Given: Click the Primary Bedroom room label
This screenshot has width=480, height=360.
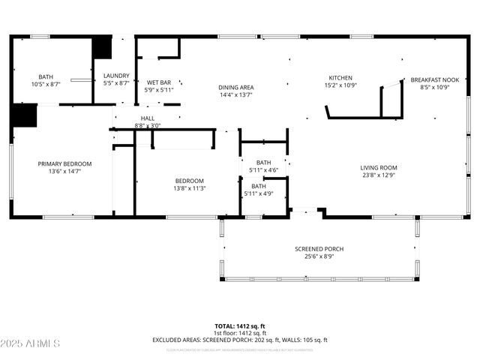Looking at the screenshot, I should [x=65, y=163].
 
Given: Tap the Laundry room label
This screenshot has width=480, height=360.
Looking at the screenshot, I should [x=116, y=76].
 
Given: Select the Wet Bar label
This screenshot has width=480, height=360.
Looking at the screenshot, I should [x=159, y=82].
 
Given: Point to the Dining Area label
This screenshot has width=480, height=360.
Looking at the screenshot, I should [x=235, y=88].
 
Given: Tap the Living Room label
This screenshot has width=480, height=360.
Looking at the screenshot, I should [x=378, y=168].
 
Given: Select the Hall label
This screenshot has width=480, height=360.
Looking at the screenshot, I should [x=147, y=118].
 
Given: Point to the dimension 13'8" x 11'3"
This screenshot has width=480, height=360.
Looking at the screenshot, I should [x=190, y=188].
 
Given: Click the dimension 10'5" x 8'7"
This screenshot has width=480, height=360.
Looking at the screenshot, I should [x=46, y=84].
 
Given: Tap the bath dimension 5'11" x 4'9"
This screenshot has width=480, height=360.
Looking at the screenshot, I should [x=258, y=194].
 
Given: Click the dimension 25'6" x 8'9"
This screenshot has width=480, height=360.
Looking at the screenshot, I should [x=319, y=256].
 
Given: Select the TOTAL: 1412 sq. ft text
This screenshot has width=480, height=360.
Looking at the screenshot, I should [x=239, y=327].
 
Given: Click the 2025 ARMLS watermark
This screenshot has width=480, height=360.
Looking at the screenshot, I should [x=30, y=343].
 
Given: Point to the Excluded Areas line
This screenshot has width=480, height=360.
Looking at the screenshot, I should [x=239, y=340].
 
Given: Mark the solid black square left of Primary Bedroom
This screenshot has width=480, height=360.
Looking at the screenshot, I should [x=24, y=115].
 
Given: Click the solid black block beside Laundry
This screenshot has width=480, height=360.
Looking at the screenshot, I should [x=101, y=46].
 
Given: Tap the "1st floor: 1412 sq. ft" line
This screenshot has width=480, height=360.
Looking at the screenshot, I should [x=239, y=334].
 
